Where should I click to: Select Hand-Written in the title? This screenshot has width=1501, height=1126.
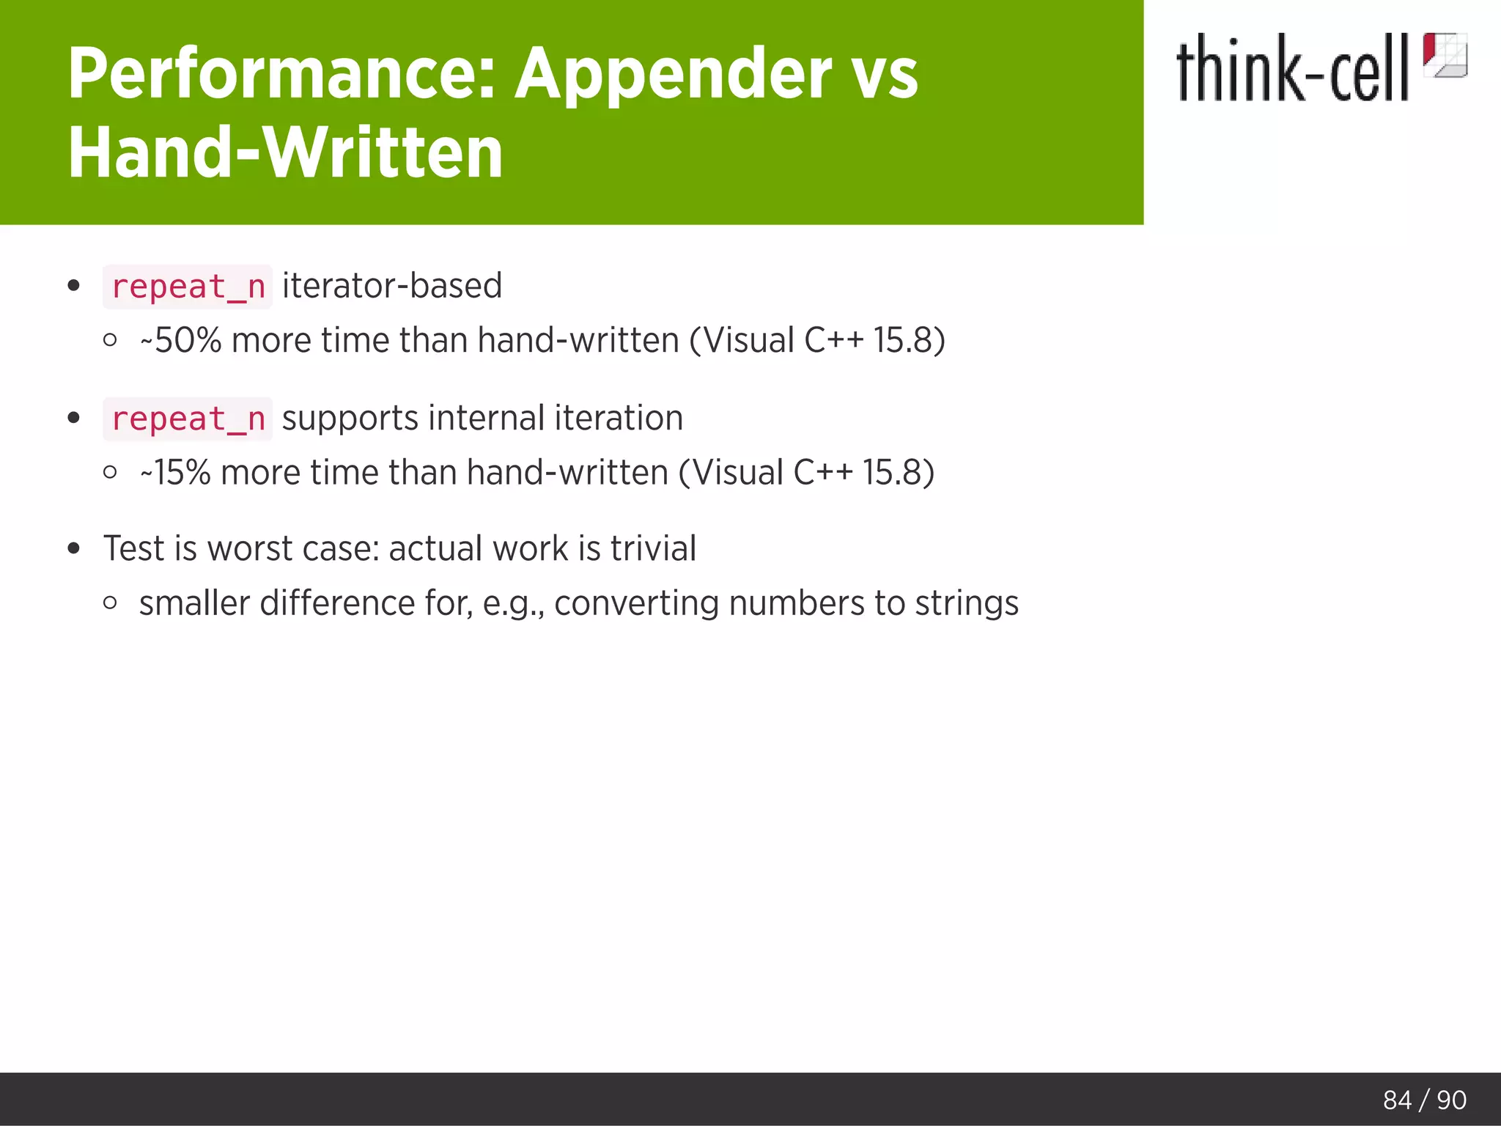point(285,152)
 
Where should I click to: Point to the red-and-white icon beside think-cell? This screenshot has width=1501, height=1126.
point(1445,55)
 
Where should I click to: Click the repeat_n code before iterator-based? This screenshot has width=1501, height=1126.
point(188,287)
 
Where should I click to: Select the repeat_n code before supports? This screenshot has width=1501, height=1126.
point(188,419)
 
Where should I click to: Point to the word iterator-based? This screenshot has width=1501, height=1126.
point(392,286)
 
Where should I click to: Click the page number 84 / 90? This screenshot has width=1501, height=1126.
point(1424,1100)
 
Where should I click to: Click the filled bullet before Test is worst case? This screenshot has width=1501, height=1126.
point(73,549)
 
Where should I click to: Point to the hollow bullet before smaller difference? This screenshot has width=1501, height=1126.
point(111,603)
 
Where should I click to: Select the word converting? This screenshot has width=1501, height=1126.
point(636,604)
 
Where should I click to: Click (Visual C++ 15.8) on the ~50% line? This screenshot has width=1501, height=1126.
point(816,341)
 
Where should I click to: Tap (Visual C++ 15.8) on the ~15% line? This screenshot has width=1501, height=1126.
point(806,473)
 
